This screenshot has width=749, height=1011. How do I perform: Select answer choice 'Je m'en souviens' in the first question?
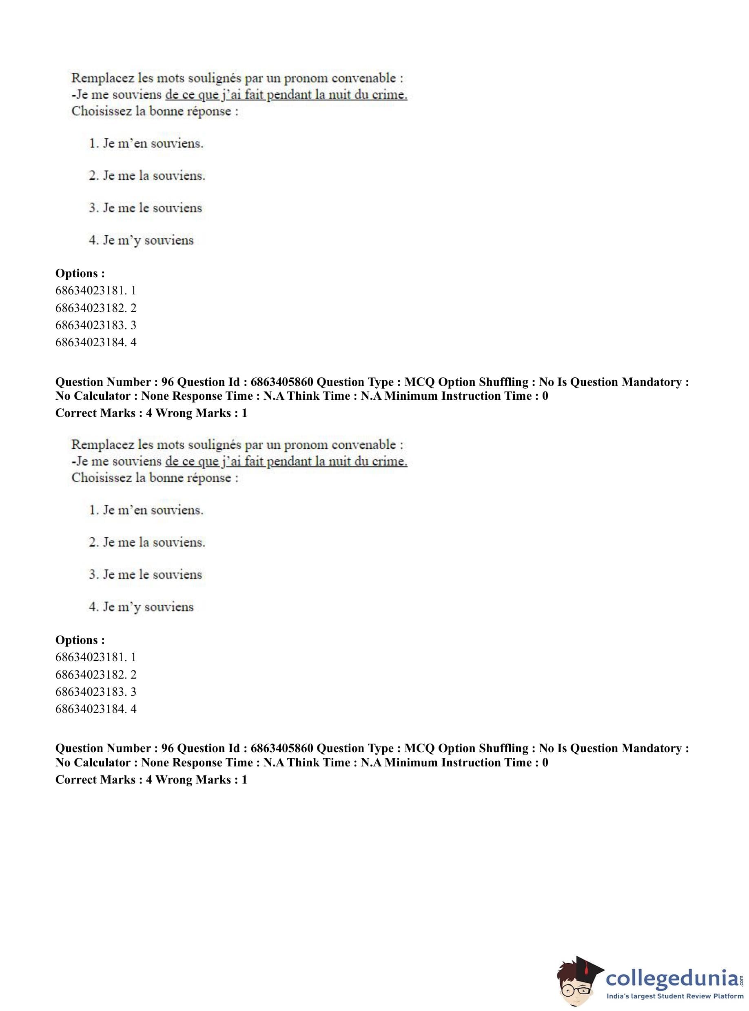(x=146, y=144)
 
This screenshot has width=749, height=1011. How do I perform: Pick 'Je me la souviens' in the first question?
(x=147, y=176)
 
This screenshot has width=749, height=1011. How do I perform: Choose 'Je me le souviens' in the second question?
(x=145, y=575)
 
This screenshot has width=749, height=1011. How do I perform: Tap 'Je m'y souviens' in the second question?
(x=141, y=607)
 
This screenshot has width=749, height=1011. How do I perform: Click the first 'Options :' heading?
(x=80, y=274)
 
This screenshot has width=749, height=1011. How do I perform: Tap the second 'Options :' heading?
(x=80, y=640)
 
